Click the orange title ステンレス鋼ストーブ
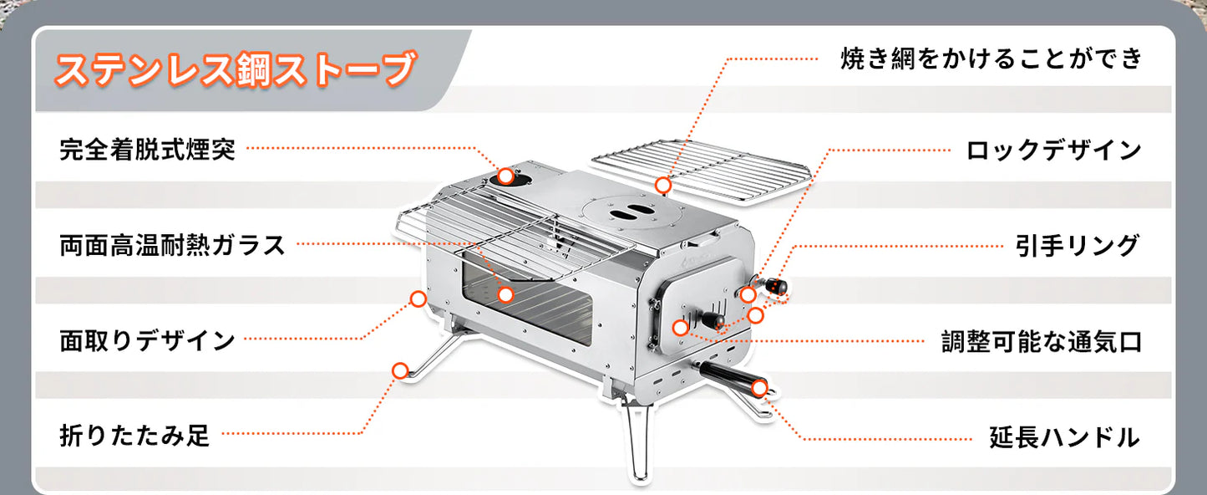pos(235,69)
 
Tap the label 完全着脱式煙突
pos(147,150)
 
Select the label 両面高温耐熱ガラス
pos(173,245)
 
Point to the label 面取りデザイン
pos(147,340)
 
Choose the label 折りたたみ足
pos(134,436)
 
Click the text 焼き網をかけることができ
pos(990,59)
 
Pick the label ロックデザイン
pos(1053,151)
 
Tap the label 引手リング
pos(1077,246)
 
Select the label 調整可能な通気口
pos(1042,341)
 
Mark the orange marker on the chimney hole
pos(506,176)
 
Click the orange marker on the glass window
pos(505,294)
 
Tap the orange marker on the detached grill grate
pos(663,184)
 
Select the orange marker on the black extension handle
pos(759,387)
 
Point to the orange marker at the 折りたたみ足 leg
pos(400,370)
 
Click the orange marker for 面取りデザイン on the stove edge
pos(418,299)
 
